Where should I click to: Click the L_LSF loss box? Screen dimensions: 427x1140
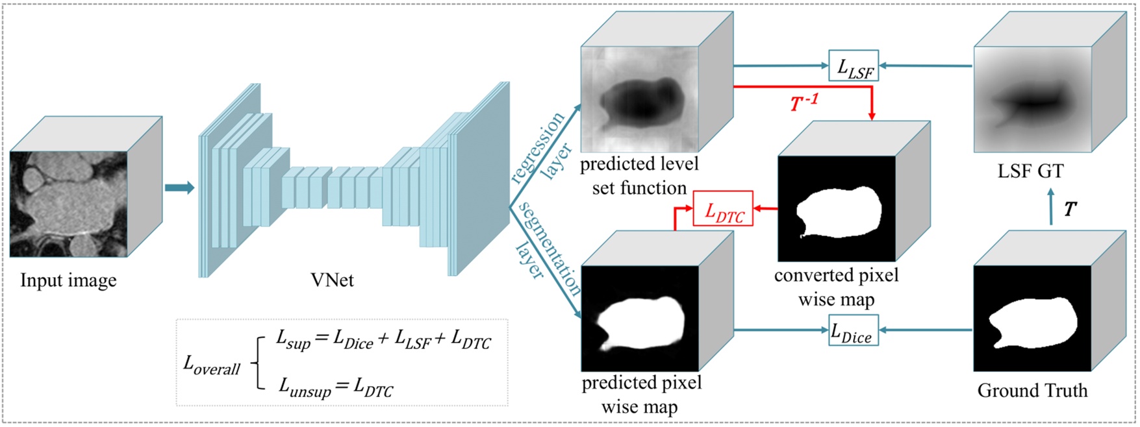click(x=853, y=66)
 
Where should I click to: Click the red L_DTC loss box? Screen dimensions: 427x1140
click(x=723, y=209)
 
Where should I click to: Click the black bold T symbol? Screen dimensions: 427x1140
click(x=1070, y=209)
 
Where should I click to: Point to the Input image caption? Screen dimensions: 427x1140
click(x=68, y=280)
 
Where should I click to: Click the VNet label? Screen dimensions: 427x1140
click(x=332, y=280)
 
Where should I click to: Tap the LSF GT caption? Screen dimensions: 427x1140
click(x=1030, y=171)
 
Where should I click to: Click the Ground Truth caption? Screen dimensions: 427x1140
click(x=1032, y=391)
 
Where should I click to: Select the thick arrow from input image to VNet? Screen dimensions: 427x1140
click(x=179, y=188)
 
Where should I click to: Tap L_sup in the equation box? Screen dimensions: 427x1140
click(x=294, y=339)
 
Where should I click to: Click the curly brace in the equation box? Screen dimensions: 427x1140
click(x=257, y=363)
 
